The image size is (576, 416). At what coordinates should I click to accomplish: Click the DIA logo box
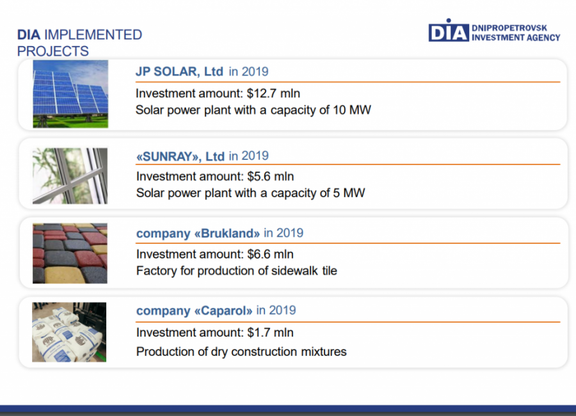(x=449, y=33)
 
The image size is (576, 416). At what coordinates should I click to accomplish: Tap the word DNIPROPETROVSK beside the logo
(x=509, y=28)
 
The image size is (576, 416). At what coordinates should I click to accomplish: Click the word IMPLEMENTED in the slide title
(x=93, y=35)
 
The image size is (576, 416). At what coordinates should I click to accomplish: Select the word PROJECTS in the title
(x=53, y=51)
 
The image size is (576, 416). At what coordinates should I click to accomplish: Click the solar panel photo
(x=70, y=94)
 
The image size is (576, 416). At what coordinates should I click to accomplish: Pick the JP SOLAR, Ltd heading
(x=179, y=71)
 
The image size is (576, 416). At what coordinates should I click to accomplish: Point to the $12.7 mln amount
(x=273, y=93)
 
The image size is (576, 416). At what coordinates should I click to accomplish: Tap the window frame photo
(x=70, y=176)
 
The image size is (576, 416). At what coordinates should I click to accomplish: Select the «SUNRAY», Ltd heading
(x=180, y=157)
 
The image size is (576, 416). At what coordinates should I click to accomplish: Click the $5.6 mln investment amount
(x=270, y=177)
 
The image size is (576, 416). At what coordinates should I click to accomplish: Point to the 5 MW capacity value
(x=349, y=193)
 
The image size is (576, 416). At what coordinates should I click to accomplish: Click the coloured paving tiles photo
(x=70, y=253)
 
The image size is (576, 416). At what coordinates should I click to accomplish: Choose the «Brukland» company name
(x=227, y=234)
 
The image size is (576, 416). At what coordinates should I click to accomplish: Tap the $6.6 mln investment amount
(x=270, y=254)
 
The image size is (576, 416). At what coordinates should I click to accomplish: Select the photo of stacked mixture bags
(x=69, y=332)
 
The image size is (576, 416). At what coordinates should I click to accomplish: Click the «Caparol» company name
(x=223, y=311)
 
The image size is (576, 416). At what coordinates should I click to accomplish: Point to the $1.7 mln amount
(x=270, y=333)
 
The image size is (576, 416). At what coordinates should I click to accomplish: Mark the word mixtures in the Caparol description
(x=324, y=352)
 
